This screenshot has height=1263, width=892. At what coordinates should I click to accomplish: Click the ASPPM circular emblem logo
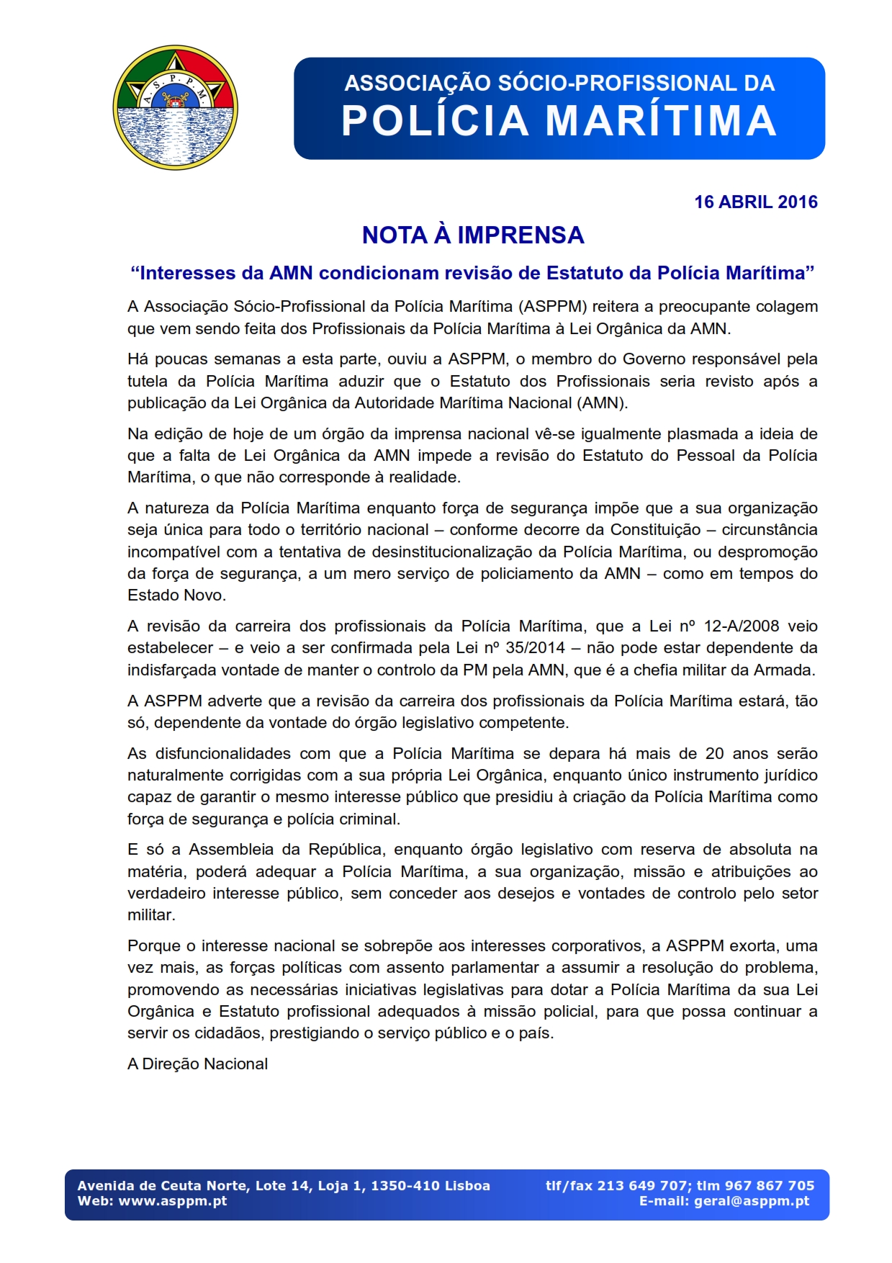click(175, 108)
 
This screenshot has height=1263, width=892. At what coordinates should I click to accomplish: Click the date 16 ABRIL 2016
click(755, 202)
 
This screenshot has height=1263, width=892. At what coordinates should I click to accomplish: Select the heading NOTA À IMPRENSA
click(473, 235)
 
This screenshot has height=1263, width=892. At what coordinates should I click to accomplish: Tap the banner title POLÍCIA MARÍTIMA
click(559, 120)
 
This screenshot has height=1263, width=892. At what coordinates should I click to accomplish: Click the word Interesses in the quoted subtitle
click(183, 274)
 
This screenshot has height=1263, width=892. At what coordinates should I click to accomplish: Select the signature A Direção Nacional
click(197, 1064)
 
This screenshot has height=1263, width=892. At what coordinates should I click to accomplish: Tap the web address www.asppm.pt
click(173, 1201)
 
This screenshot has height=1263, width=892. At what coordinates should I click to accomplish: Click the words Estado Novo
click(176, 595)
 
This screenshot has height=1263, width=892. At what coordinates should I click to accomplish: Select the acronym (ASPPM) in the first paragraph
click(553, 307)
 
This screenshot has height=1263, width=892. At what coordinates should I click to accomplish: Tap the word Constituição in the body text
click(655, 530)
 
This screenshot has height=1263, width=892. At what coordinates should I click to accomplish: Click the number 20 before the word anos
click(714, 754)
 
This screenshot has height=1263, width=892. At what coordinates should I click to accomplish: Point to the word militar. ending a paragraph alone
click(151, 915)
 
